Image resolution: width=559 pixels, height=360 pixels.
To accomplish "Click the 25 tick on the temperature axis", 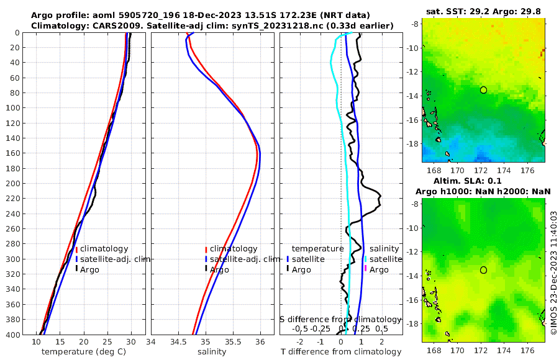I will [107, 342].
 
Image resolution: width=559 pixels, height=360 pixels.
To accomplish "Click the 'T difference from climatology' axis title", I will [341, 352].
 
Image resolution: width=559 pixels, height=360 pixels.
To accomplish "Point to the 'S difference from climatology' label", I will [341, 319].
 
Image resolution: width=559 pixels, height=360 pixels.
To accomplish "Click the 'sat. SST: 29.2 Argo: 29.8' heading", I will [485, 12].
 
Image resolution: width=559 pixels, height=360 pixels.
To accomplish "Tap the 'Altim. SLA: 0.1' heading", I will [485, 180].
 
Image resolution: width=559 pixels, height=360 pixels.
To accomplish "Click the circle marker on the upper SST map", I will [483, 90].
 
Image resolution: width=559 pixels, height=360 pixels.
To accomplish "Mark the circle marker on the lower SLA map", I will [483, 270].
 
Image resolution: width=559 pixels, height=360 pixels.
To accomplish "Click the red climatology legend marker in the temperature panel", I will [77, 249].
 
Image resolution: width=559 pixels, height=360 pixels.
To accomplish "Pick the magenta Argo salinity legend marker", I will [366, 269].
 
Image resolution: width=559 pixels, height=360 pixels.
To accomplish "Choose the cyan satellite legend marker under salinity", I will [366, 259].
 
